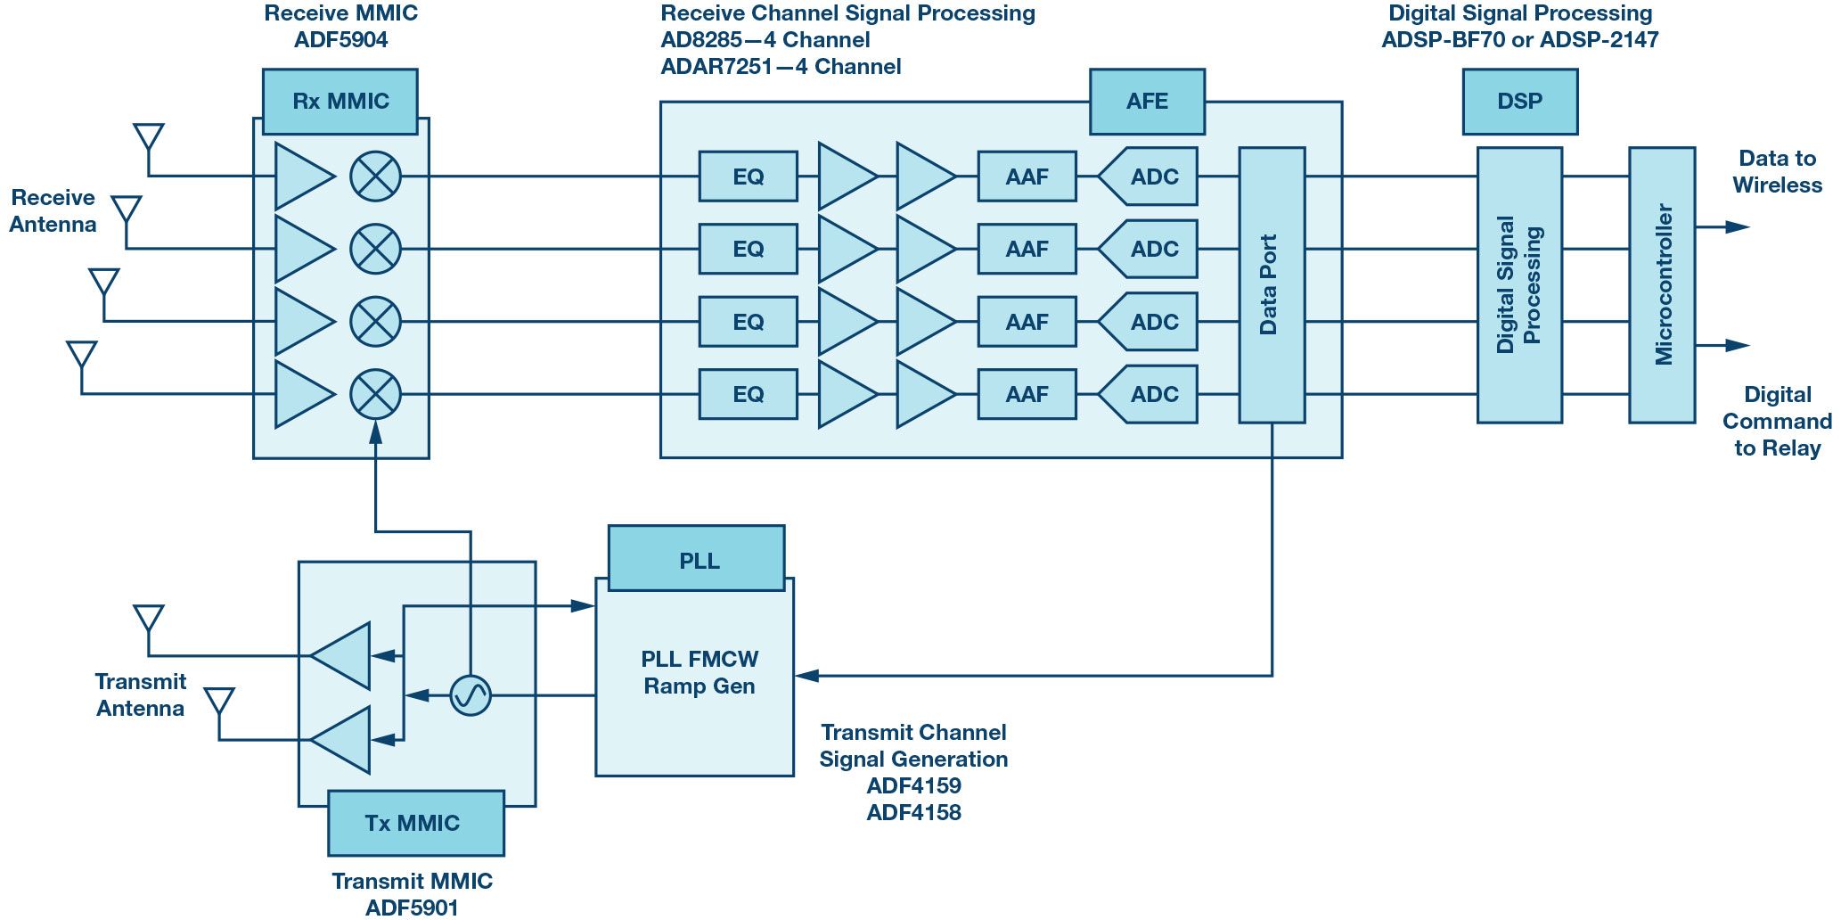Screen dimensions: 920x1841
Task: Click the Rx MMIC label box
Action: coord(340,102)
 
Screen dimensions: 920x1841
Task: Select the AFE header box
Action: coord(1147,102)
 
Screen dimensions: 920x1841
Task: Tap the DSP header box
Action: coord(1519,102)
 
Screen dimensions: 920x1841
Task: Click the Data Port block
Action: coord(1272,284)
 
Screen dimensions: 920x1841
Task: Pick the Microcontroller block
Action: coord(1662,284)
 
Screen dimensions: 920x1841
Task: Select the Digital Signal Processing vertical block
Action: coord(1519,284)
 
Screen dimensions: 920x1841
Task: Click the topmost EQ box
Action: coord(748,177)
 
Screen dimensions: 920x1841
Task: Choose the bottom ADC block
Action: coord(1150,394)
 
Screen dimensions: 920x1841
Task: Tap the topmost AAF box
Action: coord(1027,177)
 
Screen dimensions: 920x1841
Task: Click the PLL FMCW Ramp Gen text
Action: coord(700,673)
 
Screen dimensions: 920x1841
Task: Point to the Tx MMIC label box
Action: coord(415,823)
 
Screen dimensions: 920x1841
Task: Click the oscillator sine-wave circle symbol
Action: coord(470,695)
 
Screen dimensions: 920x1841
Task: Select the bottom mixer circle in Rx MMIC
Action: coord(375,394)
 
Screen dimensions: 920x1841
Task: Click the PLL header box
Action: coord(696,559)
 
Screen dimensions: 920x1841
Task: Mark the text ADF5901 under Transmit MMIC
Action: coord(412,908)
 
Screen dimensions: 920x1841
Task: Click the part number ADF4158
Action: coord(913,812)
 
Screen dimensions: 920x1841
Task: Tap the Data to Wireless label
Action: coord(1777,172)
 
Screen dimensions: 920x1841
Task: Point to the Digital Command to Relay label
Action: coord(1777,421)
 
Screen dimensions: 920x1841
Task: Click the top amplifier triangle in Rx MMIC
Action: coord(301,177)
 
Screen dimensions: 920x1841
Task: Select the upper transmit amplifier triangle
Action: coord(344,656)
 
